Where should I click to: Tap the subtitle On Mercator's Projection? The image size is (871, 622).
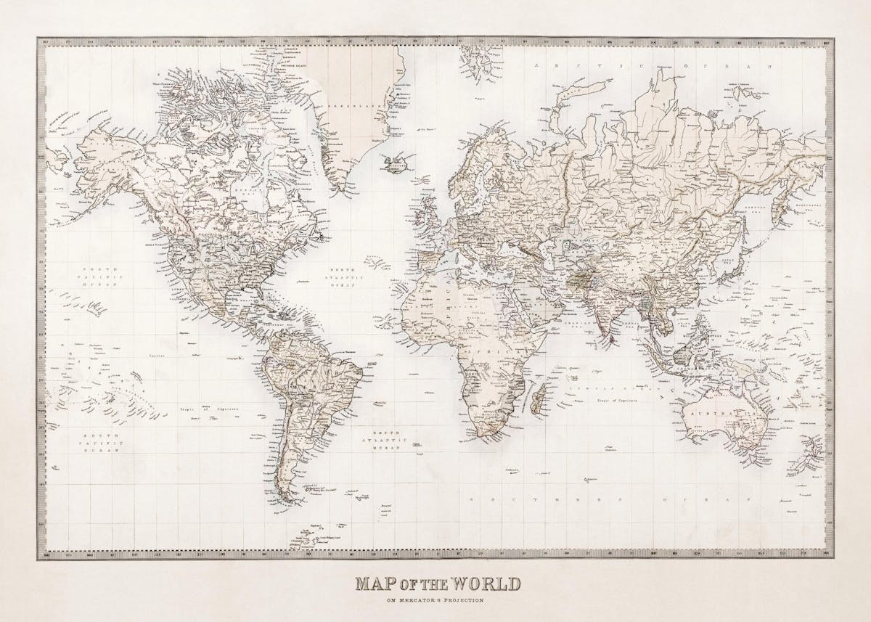coord(435,600)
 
